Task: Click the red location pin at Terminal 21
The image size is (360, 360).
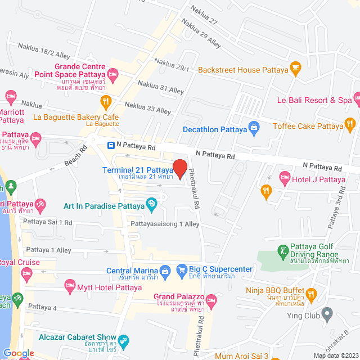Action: click(x=179, y=169)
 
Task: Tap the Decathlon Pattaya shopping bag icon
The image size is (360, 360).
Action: click(x=254, y=129)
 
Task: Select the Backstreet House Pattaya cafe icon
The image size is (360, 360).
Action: click(x=295, y=69)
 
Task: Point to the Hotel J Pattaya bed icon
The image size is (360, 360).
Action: click(x=285, y=179)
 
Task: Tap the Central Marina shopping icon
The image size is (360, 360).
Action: click(x=165, y=271)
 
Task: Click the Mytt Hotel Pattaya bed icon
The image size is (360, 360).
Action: click(x=70, y=285)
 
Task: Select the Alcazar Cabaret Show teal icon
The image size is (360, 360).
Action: click(x=124, y=340)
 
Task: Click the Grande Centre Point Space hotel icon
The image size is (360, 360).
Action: click(x=112, y=73)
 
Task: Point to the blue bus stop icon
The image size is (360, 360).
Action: click(x=111, y=146)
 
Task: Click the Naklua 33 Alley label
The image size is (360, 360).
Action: click(x=147, y=108)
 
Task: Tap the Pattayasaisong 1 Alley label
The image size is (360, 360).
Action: click(x=165, y=224)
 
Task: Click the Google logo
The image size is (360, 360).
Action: click(x=18, y=353)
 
